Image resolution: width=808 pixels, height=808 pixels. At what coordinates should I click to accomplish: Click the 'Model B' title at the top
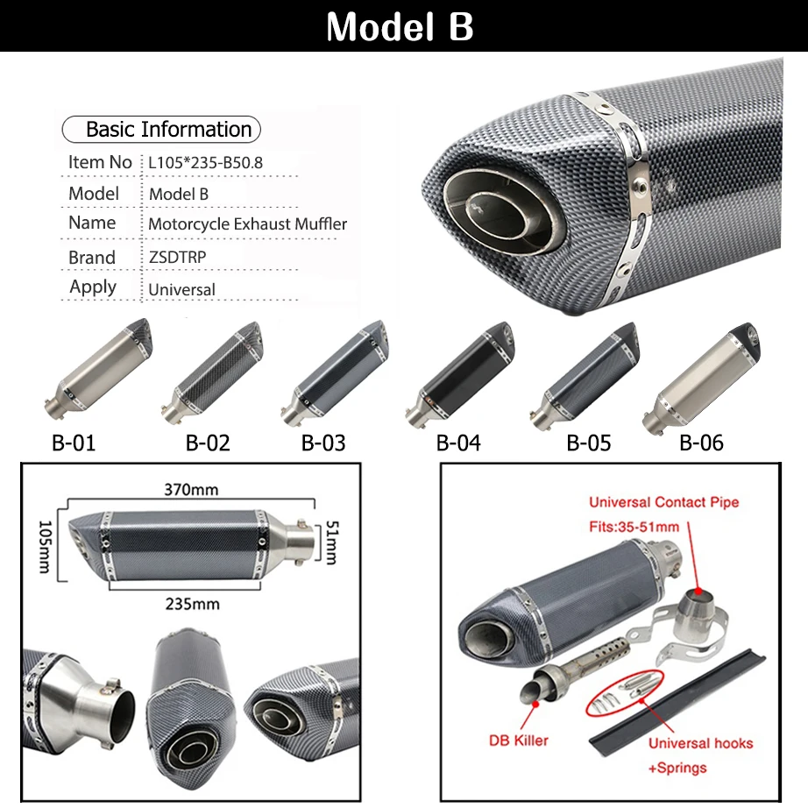click(x=400, y=26)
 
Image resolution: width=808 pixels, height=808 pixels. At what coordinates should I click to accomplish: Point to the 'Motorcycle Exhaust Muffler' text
click(x=247, y=223)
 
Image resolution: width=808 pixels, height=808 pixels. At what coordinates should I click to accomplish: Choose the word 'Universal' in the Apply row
click(x=181, y=288)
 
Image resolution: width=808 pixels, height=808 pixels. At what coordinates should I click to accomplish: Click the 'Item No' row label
click(x=100, y=162)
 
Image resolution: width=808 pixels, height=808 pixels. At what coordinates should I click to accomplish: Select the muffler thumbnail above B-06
click(x=701, y=379)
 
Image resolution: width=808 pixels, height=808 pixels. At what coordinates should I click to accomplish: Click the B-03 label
click(x=323, y=443)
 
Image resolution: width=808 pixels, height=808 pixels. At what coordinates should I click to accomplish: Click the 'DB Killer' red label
click(x=518, y=741)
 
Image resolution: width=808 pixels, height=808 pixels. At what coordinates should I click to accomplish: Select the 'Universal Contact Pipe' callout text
click(x=663, y=502)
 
